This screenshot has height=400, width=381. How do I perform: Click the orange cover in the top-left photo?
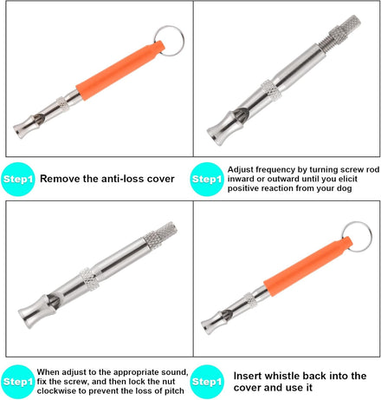click(120, 70)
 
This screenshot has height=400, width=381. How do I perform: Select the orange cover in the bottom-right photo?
click(308, 266)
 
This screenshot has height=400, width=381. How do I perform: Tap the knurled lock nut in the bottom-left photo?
click(152, 239)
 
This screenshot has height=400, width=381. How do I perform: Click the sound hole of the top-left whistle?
click(39, 118)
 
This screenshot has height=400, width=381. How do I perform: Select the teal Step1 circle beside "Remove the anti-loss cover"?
click(18, 180)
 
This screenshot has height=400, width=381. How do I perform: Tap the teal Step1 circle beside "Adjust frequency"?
click(207, 180)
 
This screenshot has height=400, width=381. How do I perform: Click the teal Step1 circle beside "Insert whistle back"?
click(207, 382)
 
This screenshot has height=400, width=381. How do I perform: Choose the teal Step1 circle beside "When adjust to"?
click(18, 382)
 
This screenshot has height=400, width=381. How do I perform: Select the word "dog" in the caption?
click(345, 188)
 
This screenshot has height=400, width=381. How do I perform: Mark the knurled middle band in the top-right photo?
click(271, 90)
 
